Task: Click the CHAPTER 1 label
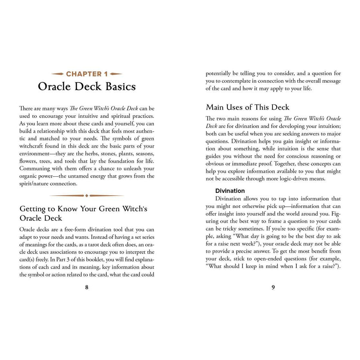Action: click(x=87, y=74)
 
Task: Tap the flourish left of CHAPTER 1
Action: click(x=58, y=74)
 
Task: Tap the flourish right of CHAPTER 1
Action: click(x=116, y=74)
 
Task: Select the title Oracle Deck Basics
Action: click(x=87, y=87)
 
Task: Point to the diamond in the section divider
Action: click(x=87, y=196)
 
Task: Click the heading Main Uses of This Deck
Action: click(x=247, y=107)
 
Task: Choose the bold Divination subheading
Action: click(x=230, y=191)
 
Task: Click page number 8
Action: click(x=87, y=287)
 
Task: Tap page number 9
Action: click(x=273, y=287)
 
